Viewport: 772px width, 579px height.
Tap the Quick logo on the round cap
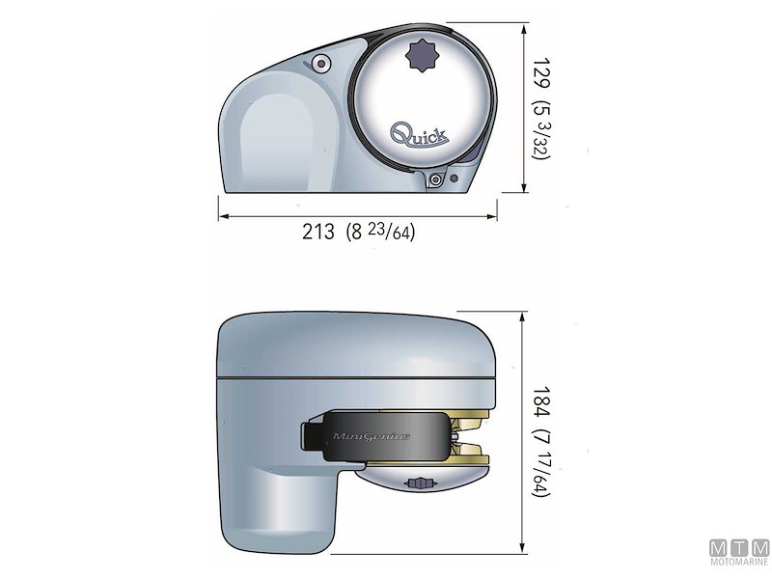pyautogui.click(x=418, y=133)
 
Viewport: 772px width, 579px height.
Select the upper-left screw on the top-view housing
pyautogui.click(x=321, y=64)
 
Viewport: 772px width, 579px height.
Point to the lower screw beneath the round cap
pyautogui.click(x=438, y=180)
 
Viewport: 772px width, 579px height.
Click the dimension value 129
pyautogui.click(x=538, y=71)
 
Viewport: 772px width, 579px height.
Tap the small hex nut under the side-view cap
pyautogui.click(x=419, y=482)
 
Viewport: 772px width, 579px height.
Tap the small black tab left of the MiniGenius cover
pyautogui.click(x=310, y=437)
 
